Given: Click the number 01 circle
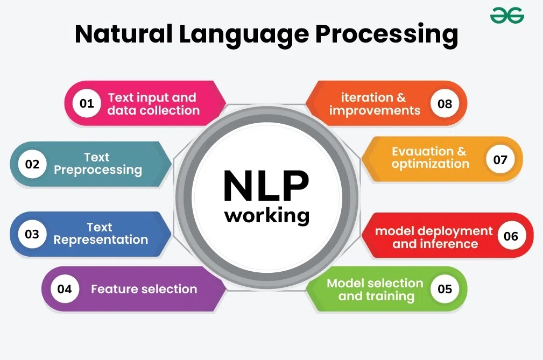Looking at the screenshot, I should (x=87, y=103).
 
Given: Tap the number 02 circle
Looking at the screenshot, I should (x=32, y=164).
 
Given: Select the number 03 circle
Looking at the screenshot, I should (x=32, y=234).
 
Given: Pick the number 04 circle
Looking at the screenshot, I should (x=64, y=289).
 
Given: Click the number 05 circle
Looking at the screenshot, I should (x=445, y=289).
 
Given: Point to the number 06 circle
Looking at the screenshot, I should (x=511, y=236).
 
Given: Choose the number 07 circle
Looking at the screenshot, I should (x=500, y=159).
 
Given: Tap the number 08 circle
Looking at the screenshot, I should (x=445, y=103).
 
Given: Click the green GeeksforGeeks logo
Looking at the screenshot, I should (x=507, y=17).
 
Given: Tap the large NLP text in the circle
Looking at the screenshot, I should (x=266, y=186).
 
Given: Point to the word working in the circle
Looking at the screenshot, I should (x=267, y=215).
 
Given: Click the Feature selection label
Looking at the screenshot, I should (x=144, y=289).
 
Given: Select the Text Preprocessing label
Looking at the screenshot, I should (x=97, y=164).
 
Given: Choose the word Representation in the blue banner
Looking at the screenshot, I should (x=101, y=240).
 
